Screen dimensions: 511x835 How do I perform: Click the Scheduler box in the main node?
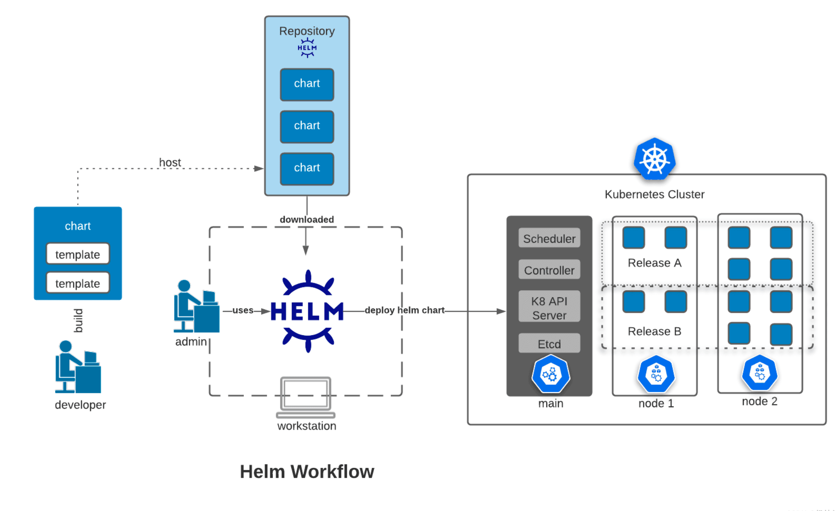[x=549, y=238]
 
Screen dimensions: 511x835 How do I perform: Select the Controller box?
[x=549, y=270]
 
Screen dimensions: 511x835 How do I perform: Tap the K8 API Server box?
[x=549, y=308]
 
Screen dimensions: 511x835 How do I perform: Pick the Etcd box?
[x=549, y=344]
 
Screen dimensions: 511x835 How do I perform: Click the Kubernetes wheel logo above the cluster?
[x=654, y=159]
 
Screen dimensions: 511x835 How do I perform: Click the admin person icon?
[x=196, y=306]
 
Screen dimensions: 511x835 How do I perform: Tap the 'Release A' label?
[x=654, y=263]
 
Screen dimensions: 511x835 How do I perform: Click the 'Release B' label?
[x=654, y=331]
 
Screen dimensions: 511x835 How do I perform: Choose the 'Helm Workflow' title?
[x=307, y=471]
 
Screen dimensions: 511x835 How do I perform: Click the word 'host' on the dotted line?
[x=170, y=162]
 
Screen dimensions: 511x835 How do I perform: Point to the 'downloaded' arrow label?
[x=306, y=219]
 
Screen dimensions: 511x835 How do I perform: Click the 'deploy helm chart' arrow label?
[x=404, y=310]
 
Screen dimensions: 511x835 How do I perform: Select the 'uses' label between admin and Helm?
[x=243, y=310]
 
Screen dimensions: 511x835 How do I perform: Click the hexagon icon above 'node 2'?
[x=759, y=373]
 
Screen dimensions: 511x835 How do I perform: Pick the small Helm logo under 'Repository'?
[x=307, y=48]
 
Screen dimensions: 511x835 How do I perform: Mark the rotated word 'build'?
[x=78, y=321]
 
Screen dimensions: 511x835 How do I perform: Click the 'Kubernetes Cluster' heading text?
[x=654, y=194]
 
